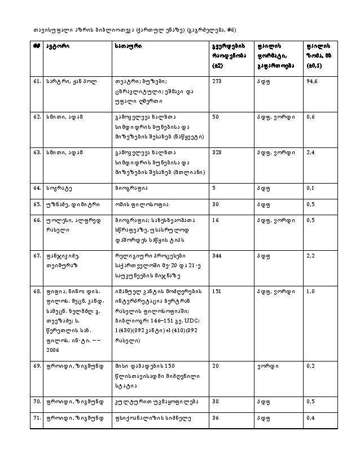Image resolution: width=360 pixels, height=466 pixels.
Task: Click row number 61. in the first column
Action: point(36,81)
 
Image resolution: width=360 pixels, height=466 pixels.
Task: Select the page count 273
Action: point(217,81)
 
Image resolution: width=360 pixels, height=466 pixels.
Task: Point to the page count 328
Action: point(217,152)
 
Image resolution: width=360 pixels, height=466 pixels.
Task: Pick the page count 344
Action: point(217,256)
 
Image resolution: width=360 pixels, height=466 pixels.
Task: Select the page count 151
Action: point(217,291)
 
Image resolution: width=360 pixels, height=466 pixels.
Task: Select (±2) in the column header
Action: point(217,66)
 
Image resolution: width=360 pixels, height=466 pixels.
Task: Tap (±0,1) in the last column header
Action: point(315,66)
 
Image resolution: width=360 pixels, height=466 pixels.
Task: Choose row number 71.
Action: point(36,419)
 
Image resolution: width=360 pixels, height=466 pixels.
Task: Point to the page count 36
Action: point(215,419)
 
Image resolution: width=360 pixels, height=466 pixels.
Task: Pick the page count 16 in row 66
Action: point(215,220)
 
